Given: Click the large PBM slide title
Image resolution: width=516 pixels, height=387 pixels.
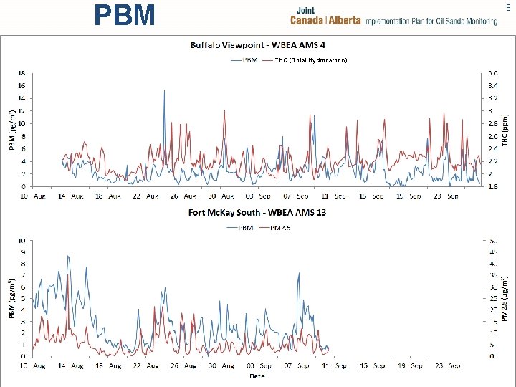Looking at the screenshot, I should tap(125, 15).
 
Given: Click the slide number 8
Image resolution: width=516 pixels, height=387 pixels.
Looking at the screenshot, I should tap(508, 8).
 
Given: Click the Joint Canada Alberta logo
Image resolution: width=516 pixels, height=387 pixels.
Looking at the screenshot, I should tap(393, 16).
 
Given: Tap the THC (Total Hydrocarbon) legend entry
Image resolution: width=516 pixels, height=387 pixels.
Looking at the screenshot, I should tap(306, 60).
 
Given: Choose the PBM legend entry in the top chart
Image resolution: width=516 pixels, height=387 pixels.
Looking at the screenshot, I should tap(246, 60).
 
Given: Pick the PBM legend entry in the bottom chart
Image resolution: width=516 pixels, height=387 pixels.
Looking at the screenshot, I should tap(241, 228).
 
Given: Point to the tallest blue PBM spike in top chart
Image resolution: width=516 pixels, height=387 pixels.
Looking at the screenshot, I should tap(164, 91).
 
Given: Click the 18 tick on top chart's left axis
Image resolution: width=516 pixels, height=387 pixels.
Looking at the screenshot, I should tap(21, 72).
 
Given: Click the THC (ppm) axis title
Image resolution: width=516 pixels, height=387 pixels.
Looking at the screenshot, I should tap(505, 129).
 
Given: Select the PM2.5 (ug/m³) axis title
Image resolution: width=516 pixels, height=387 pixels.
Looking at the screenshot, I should tap(505, 297).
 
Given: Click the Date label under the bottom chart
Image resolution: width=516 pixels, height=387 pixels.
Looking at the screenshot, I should tap(257, 376).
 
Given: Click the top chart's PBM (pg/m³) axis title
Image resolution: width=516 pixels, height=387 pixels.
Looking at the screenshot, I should tap(11, 129).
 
